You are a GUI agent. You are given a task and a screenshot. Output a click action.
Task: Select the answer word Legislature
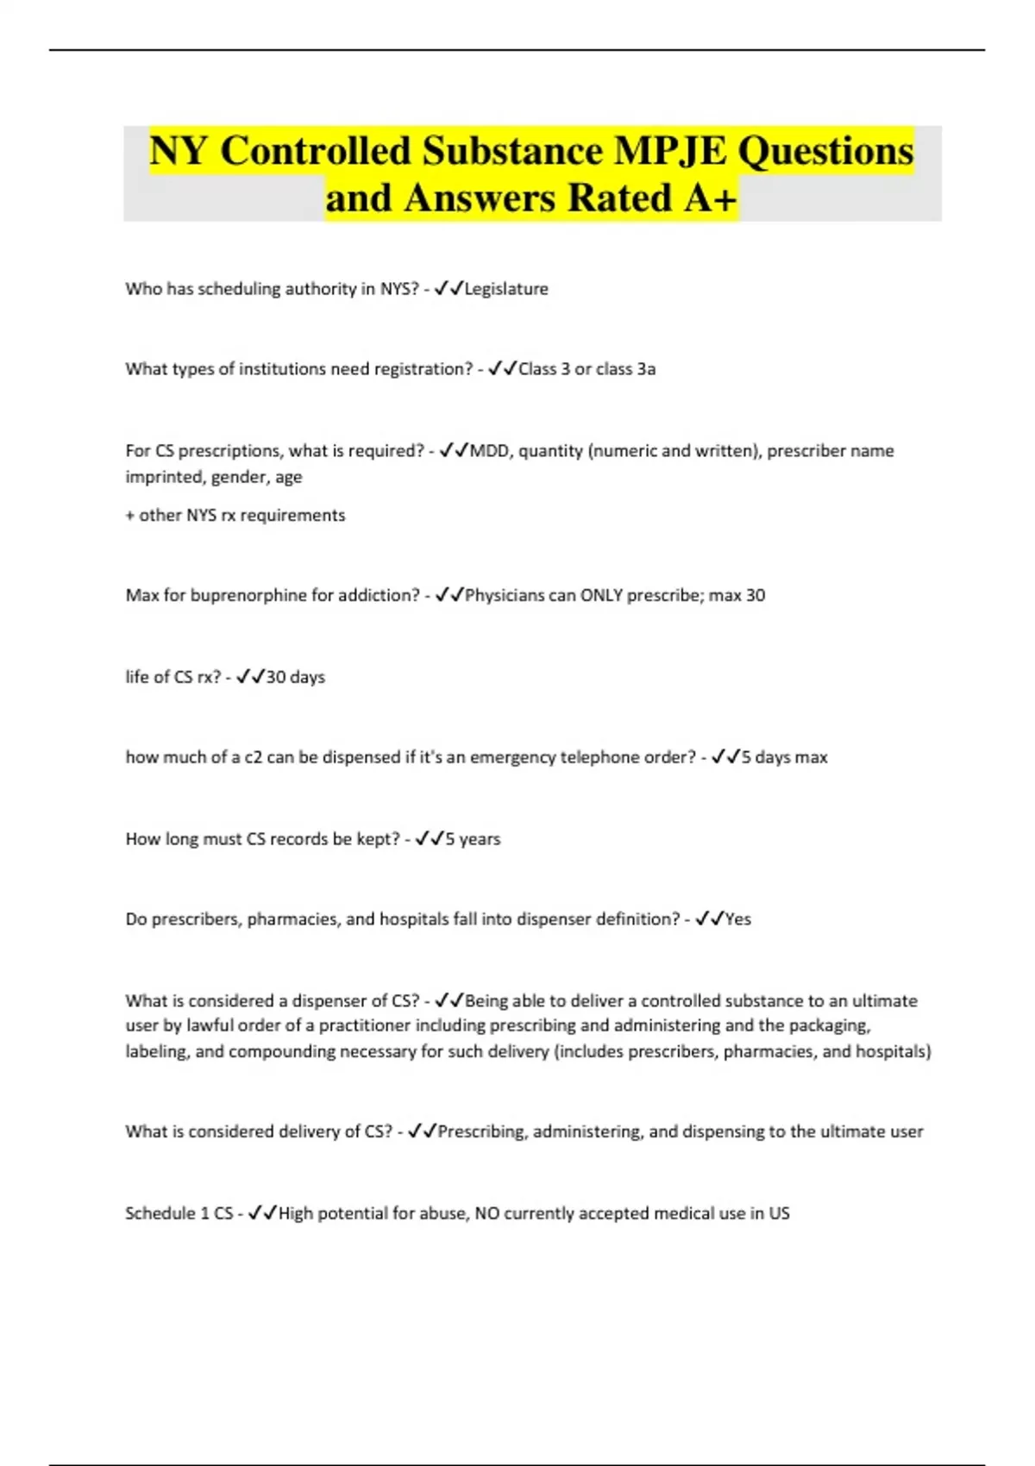pos(506,289)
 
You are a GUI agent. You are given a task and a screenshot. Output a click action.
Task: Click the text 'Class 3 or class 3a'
pos(586,369)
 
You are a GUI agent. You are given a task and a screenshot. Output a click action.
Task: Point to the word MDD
pos(489,451)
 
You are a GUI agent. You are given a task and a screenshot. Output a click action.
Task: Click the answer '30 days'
pos(295,677)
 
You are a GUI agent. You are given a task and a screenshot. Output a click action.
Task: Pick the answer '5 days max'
pos(784,757)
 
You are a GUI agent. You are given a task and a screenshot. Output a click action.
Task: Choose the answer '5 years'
pos(473,839)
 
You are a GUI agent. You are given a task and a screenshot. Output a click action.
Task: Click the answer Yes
pos(737,919)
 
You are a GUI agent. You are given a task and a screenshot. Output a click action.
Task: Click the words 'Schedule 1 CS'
pos(179,1213)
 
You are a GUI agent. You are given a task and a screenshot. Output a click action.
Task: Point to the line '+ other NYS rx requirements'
pos(235,515)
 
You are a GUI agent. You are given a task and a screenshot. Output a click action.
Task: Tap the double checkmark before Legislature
pos(448,289)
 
